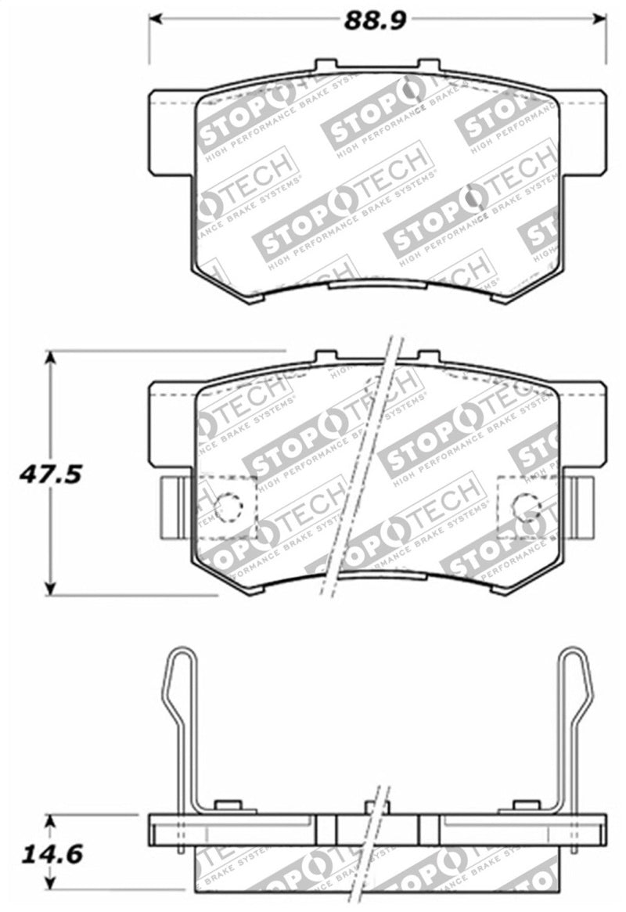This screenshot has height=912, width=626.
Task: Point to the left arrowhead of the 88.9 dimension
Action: click(x=155, y=18)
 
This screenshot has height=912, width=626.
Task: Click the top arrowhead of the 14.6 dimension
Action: click(x=51, y=820)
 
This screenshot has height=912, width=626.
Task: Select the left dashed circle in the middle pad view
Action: click(x=229, y=507)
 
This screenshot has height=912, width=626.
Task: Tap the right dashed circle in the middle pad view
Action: click(x=525, y=507)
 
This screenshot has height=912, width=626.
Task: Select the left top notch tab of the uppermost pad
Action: click(x=326, y=66)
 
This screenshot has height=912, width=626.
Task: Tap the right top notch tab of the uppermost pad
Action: click(x=429, y=66)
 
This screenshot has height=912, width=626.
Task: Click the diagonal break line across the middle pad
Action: click(x=362, y=470)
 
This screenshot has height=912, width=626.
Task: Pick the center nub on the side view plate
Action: click(x=377, y=807)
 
